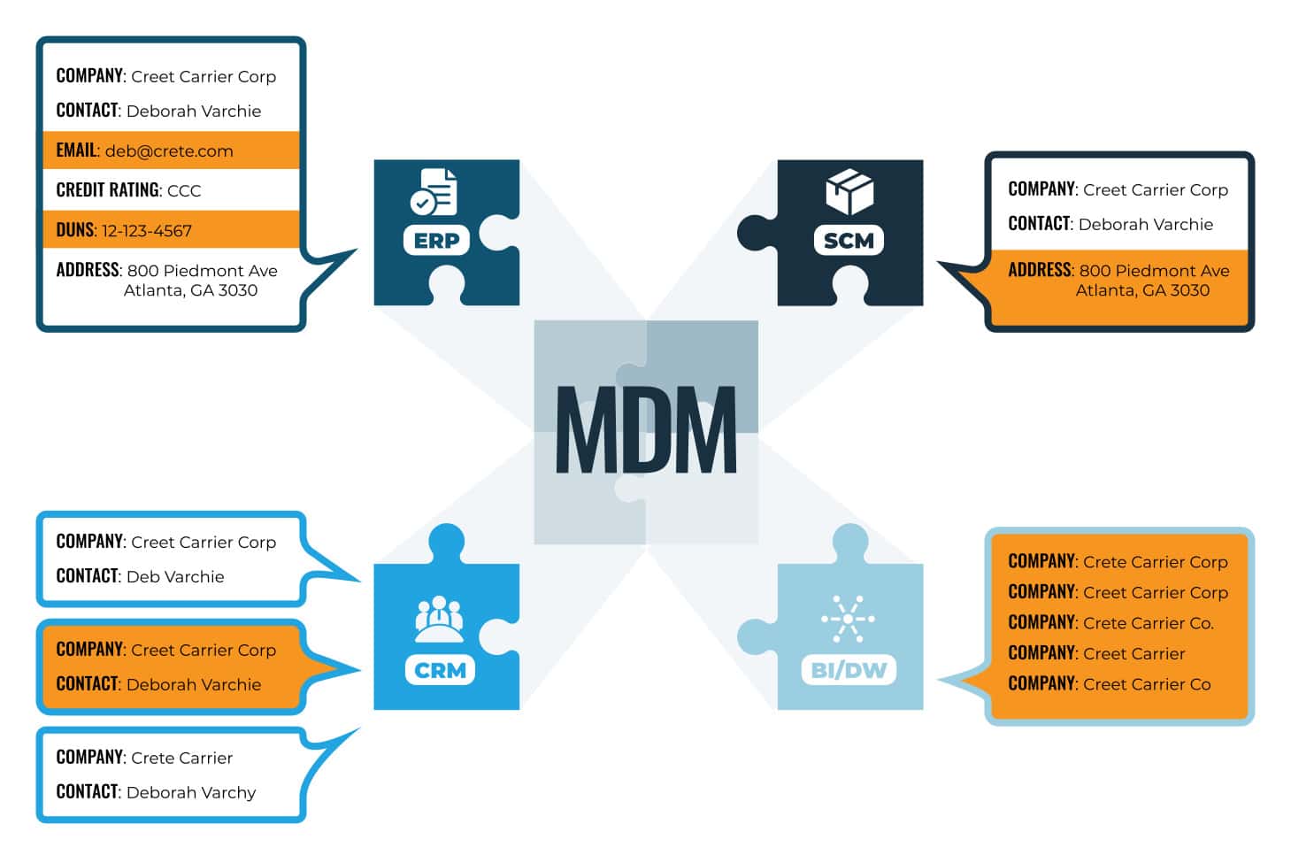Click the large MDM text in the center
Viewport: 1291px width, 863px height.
(645, 430)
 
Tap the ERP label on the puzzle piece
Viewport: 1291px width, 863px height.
(436, 241)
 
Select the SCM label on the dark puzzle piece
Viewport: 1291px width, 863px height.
(848, 241)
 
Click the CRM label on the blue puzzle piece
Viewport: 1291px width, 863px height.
(440, 670)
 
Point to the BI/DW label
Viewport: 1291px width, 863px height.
(848, 670)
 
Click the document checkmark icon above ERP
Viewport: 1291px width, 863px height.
(434, 192)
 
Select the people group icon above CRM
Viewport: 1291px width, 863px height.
(439, 619)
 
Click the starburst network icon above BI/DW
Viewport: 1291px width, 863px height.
(848, 618)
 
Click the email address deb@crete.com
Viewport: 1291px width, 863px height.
(169, 151)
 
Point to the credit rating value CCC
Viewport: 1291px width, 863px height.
(184, 191)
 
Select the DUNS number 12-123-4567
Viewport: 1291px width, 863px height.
(147, 231)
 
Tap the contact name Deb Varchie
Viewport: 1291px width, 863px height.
(175, 577)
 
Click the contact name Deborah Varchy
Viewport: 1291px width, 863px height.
(191, 793)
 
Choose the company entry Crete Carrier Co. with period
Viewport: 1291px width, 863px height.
(1148, 623)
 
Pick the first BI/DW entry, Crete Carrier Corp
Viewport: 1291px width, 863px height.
(1155, 562)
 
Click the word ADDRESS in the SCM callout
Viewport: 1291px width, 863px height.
(1040, 270)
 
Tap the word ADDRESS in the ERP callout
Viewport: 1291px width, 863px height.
(88, 270)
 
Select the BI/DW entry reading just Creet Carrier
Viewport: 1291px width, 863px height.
(1133, 654)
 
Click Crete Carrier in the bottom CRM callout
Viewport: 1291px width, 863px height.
(181, 759)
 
